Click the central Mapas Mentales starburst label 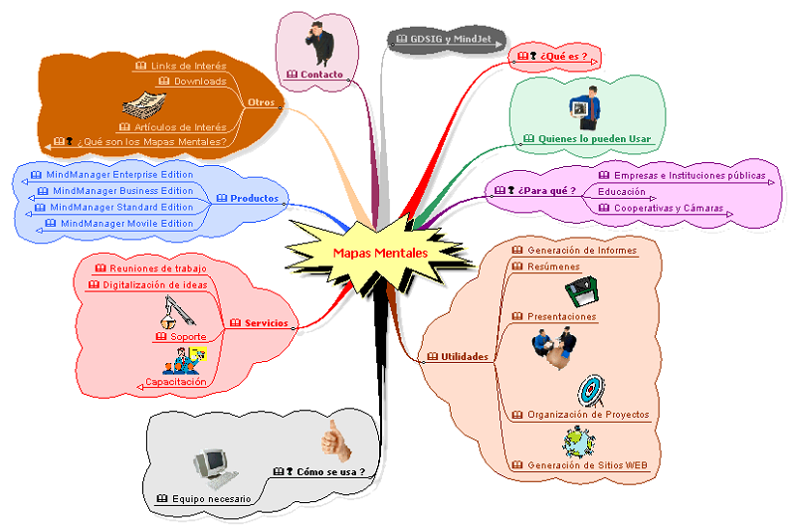380,254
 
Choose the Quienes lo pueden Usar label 587,139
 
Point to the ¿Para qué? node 542,190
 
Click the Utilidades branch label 464,356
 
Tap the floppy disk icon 582,292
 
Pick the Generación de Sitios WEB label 587,464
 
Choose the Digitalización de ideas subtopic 154,285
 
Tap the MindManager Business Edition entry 122,191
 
